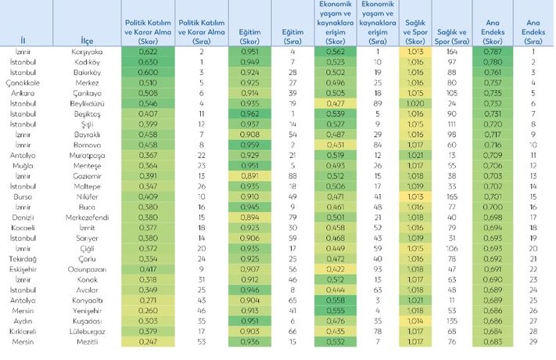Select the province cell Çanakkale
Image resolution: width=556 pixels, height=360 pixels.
27,82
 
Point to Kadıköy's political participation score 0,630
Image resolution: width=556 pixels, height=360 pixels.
148,62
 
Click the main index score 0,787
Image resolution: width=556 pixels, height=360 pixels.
490,52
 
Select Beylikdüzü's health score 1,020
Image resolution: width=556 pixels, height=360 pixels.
418,103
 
